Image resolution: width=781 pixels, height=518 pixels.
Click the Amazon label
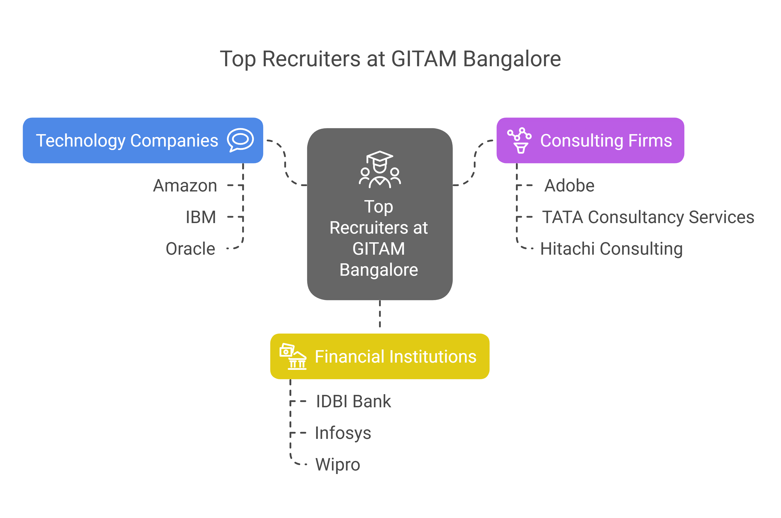(x=185, y=186)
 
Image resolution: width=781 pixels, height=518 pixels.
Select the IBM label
(x=201, y=217)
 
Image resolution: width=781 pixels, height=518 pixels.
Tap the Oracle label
(x=190, y=249)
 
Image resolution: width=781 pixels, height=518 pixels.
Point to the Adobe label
(x=569, y=186)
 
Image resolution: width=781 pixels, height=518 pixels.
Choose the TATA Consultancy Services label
(x=648, y=217)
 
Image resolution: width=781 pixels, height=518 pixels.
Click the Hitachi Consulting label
(x=611, y=249)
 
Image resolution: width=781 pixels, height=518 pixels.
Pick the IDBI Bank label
(x=353, y=401)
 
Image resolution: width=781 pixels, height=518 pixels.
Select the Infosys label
(x=343, y=433)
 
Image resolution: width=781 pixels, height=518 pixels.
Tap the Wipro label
(x=337, y=464)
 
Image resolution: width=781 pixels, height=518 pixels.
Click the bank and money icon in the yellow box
(x=293, y=356)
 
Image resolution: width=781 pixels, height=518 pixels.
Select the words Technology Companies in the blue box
(x=127, y=140)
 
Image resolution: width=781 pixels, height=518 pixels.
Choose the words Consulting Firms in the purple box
(x=606, y=140)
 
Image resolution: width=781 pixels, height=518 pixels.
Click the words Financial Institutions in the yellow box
(x=395, y=356)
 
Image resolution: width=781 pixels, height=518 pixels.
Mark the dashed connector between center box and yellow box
(x=380, y=314)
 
